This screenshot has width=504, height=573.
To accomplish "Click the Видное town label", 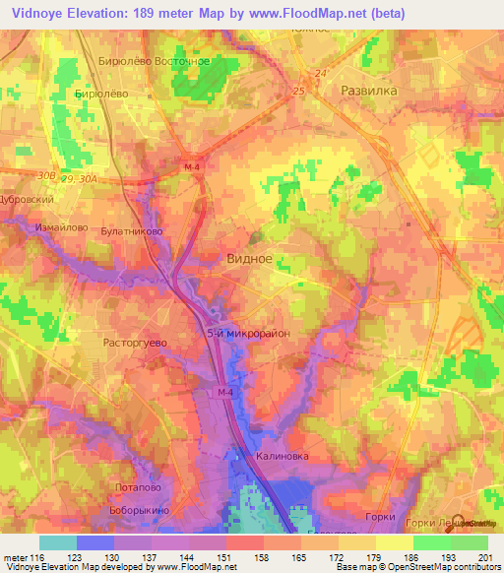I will [249, 260].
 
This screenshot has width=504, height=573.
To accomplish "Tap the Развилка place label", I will [368, 90].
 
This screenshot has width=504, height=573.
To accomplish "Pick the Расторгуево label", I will [136, 344].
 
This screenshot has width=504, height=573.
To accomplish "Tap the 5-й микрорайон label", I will [247, 335].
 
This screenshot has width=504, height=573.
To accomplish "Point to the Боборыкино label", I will [140, 511].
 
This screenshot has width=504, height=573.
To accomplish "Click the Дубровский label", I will [27, 198].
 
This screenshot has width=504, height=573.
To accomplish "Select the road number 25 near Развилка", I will [299, 92].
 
